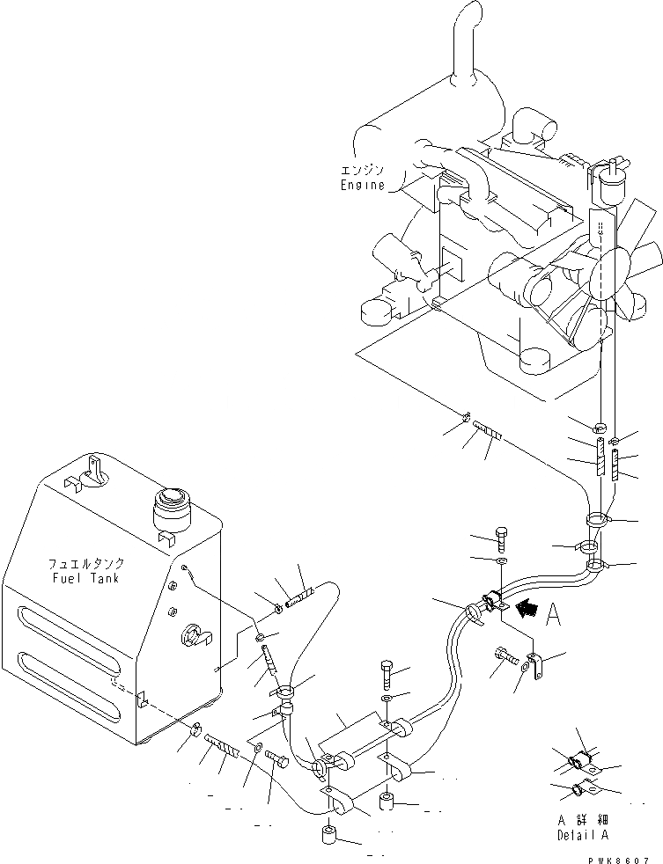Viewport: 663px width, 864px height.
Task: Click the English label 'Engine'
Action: pos(363,186)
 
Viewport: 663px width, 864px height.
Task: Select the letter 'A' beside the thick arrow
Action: pos(552,613)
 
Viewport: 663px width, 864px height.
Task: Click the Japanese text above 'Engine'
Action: pos(363,171)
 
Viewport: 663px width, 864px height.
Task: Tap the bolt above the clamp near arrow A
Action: pos(501,538)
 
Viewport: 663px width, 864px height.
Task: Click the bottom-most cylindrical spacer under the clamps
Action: pos(329,834)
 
